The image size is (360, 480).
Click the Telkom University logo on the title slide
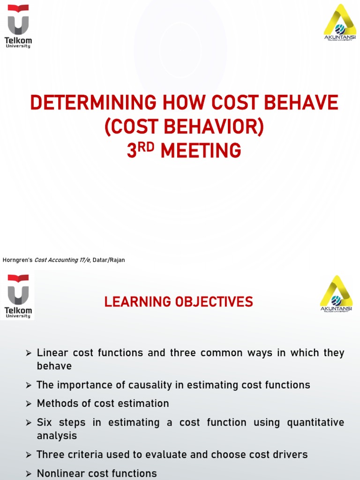pyautogui.click(x=18, y=26)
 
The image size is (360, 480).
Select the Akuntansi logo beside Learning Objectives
pyautogui.click(x=336, y=294)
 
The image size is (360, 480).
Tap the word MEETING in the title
pyautogui.click(x=201, y=151)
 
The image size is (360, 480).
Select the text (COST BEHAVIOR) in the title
pyautogui.click(x=184, y=127)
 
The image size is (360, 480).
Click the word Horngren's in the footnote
pyautogui.click(x=17, y=260)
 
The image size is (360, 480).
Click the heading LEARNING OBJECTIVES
pyautogui.click(x=179, y=302)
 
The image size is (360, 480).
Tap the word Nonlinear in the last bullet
pyautogui.click(x=59, y=473)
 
